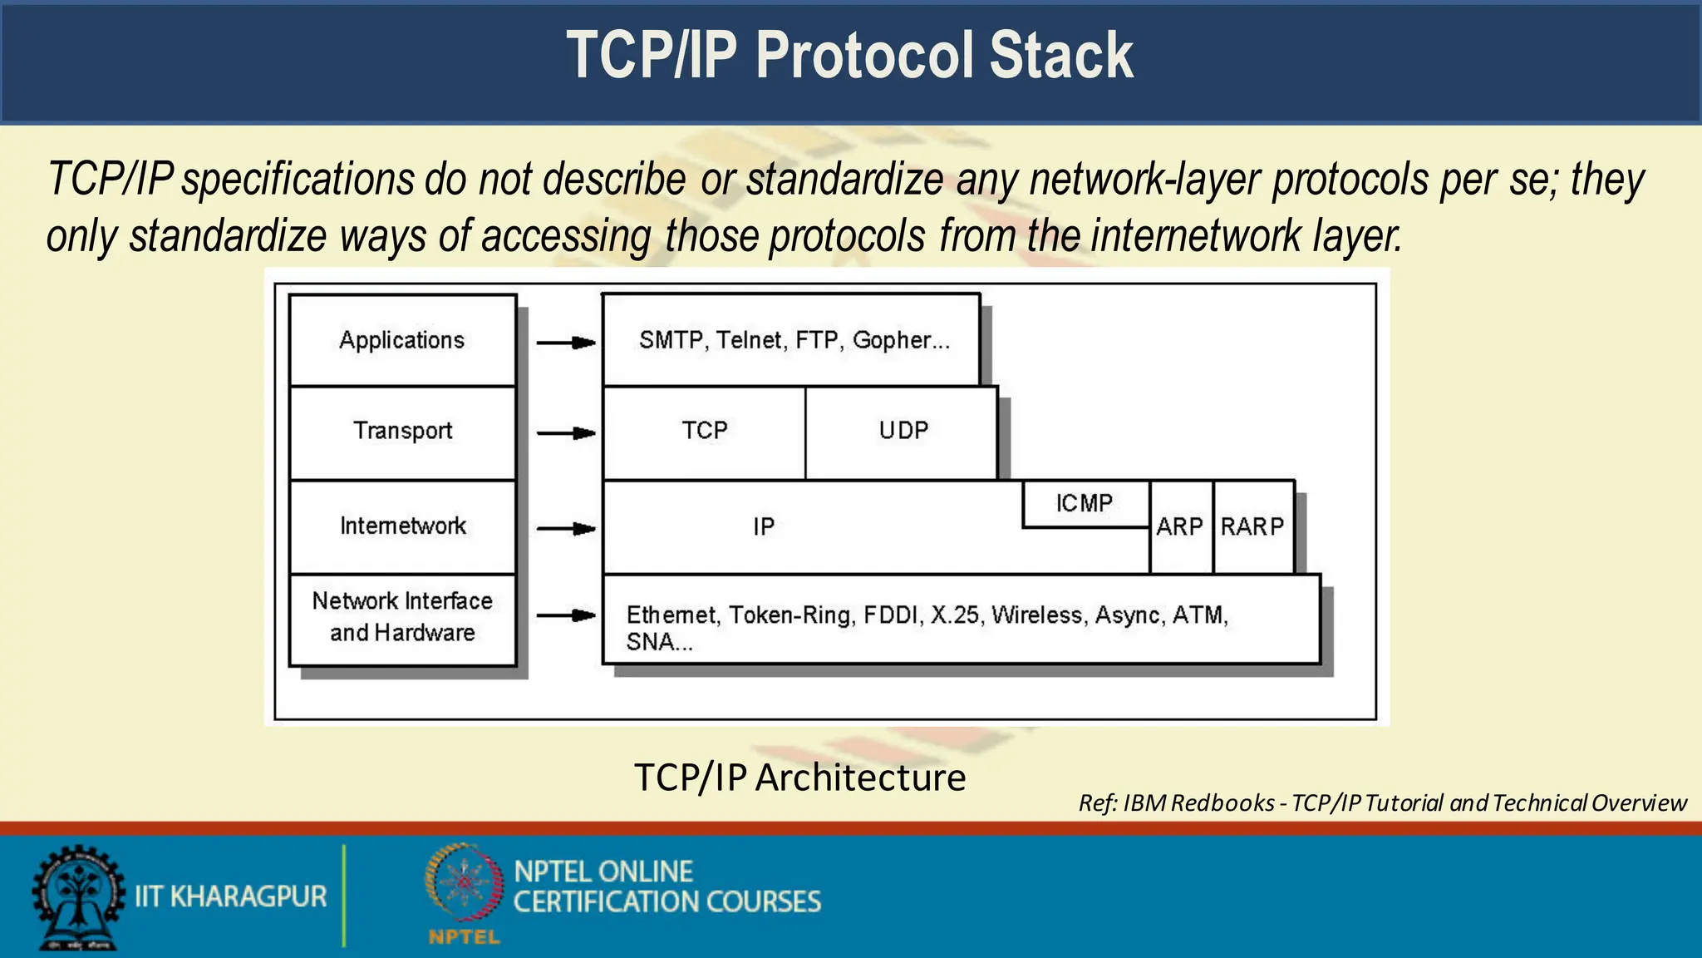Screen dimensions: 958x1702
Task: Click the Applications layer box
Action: [402, 340]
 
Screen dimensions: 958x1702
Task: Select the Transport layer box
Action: [402, 432]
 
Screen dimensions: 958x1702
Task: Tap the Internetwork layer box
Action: [402, 526]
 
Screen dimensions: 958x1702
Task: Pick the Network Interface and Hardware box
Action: [402, 618]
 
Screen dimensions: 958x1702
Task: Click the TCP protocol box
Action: [704, 432]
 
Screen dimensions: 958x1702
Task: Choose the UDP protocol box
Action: [903, 432]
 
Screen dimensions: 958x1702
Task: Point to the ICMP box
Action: [1085, 503]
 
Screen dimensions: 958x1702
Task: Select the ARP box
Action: [1180, 526]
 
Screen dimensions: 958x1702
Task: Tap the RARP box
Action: [1252, 526]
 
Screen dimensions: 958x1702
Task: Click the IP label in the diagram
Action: [764, 526]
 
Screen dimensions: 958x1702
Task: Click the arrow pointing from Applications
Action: [566, 343]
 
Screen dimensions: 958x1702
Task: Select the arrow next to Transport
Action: [566, 433]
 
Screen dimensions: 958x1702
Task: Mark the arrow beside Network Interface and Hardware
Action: [566, 615]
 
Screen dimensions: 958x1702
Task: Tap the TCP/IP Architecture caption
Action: [799, 778]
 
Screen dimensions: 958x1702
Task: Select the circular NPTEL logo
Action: [465, 883]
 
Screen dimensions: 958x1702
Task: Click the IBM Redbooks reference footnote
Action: [1382, 803]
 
